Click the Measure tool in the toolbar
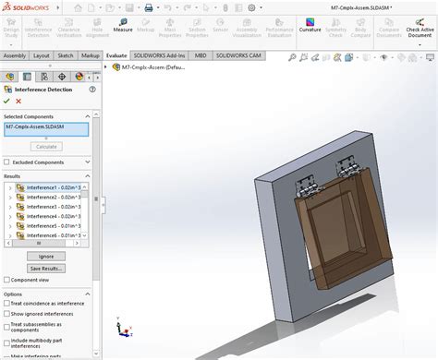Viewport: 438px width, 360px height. pyautogui.click(x=123, y=28)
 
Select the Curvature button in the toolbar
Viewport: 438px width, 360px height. pyautogui.click(x=310, y=28)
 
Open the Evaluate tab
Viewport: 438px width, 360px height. pyautogui.click(x=116, y=55)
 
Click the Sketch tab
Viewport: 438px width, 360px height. pyautogui.click(x=66, y=55)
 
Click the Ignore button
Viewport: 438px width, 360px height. pyautogui.click(x=46, y=256)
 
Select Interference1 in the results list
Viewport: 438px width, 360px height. pyautogui.click(x=53, y=186)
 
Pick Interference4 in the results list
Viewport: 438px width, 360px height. pyautogui.click(x=53, y=216)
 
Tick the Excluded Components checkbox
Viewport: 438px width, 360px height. pyautogui.click(x=8, y=162)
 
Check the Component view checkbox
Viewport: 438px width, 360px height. pyautogui.click(x=8, y=279)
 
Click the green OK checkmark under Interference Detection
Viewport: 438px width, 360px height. pyautogui.click(x=7, y=101)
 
